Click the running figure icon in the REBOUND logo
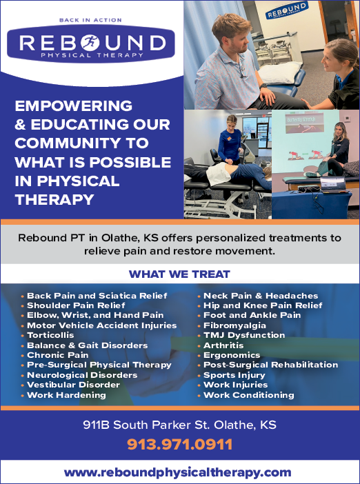90,43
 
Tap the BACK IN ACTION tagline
90,21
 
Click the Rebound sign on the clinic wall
287,10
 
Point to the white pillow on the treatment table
280,72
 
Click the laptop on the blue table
332,184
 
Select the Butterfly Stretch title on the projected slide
301,120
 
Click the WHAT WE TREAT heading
179,274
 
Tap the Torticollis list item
50,335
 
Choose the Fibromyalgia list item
234,325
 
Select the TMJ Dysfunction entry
244,335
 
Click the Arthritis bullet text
223,345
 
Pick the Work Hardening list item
66,395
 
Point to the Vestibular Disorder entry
74,385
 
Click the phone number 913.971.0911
180,445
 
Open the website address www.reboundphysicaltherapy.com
177,472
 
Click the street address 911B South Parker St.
147,425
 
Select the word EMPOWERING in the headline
74,106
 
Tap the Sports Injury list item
234,375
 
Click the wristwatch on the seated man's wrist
263,86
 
